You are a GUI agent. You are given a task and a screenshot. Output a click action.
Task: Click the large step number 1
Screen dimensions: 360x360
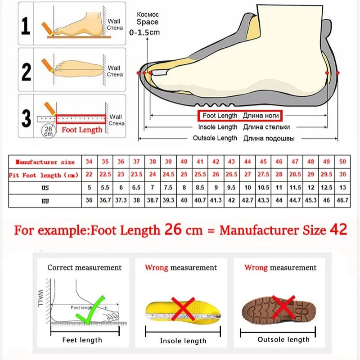(26, 26)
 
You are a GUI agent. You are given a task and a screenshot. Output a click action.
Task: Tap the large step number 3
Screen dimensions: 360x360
(26, 118)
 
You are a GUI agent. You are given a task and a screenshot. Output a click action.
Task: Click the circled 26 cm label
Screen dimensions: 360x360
(49, 131)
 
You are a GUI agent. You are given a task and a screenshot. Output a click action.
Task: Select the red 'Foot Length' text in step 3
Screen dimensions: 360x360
(82, 130)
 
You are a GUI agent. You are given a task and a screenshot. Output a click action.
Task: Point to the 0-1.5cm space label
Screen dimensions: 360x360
(144, 32)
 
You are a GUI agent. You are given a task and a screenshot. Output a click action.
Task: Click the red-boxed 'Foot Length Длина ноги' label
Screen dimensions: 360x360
(240, 116)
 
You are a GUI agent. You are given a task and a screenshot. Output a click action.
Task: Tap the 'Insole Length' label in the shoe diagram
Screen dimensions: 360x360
(217, 127)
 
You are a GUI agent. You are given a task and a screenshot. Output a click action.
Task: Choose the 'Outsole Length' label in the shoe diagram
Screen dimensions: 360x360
(215, 138)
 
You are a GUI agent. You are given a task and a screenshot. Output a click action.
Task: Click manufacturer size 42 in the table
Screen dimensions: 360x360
(216, 162)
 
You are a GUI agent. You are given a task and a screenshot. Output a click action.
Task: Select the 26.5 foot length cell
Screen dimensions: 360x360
(231, 174)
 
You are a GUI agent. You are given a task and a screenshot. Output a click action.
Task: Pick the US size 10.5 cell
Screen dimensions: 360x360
(263, 188)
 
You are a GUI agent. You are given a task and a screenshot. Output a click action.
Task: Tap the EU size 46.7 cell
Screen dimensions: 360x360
(342, 200)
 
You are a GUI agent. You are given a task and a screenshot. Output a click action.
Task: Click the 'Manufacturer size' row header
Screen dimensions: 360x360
(45, 162)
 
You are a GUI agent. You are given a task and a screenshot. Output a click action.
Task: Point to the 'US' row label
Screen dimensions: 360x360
(45, 188)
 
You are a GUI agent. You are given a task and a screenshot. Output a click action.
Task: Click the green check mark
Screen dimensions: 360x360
(90, 310)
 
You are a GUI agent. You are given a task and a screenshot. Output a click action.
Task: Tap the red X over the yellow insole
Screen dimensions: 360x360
(183, 309)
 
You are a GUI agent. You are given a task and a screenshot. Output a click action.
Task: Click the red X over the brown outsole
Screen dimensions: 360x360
(283, 307)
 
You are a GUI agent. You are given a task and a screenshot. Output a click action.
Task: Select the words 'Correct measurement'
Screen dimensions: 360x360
(84, 267)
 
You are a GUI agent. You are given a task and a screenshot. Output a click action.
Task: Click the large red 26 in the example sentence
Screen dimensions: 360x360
(173, 229)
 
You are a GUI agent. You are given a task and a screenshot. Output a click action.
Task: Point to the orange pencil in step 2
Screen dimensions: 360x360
(48, 65)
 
